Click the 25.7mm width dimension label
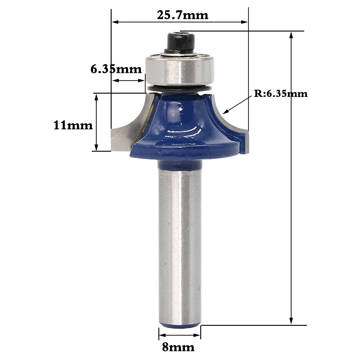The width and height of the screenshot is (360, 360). [183, 15]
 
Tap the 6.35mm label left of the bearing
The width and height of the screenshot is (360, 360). [116, 69]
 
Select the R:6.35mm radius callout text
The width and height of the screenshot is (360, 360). [281, 94]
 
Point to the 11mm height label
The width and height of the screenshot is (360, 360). [73, 125]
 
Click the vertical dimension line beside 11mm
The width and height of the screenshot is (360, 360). [96, 122]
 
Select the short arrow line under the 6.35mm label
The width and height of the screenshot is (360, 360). [128, 81]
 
